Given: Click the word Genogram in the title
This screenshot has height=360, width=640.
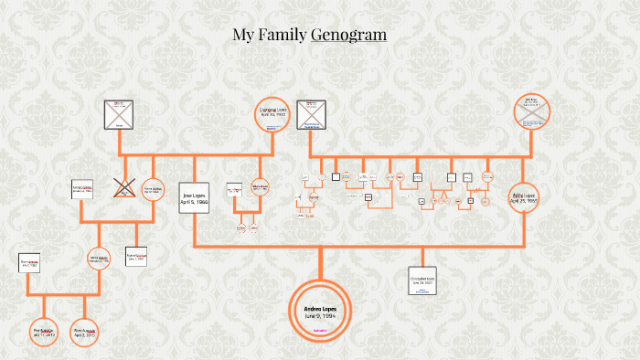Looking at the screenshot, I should click(348, 36).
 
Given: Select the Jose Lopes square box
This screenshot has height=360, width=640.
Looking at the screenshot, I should click(196, 195).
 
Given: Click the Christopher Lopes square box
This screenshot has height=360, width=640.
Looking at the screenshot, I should click(422, 281).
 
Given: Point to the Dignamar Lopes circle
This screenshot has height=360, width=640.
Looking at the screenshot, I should click(272, 114).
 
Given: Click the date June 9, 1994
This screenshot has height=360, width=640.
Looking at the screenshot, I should click(321, 316).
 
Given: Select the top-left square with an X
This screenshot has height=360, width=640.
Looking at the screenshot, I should click(118, 114).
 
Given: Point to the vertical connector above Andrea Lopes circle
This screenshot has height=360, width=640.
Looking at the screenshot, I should click(321, 264).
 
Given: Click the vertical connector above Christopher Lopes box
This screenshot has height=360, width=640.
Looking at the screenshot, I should click(422, 256).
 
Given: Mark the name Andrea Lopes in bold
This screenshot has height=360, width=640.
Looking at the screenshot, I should click(321, 309).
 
